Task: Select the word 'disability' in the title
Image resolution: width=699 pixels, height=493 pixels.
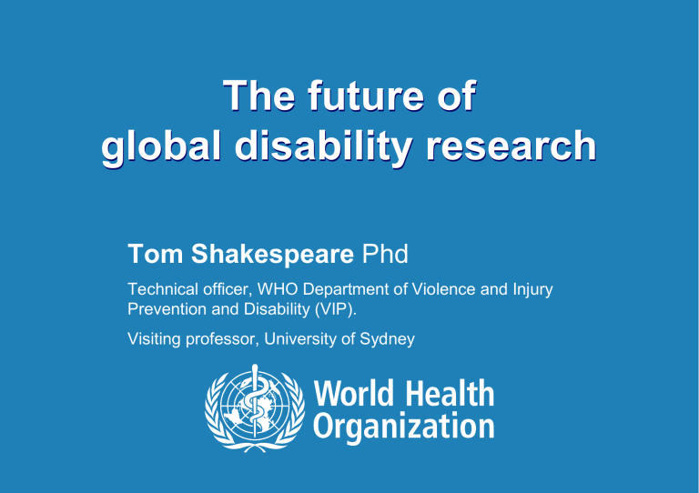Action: pyautogui.click(x=331, y=148)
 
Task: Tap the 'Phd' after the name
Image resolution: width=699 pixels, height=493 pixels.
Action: pyautogui.click(x=384, y=252)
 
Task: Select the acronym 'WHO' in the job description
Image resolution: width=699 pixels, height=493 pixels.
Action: pyautogui.click(x=258, y=291)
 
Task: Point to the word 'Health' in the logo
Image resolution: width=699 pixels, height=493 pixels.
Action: pyautogui.click(x=450, y=394)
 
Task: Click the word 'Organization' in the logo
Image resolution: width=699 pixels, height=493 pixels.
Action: pyautogui.click(x=403, y=426)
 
